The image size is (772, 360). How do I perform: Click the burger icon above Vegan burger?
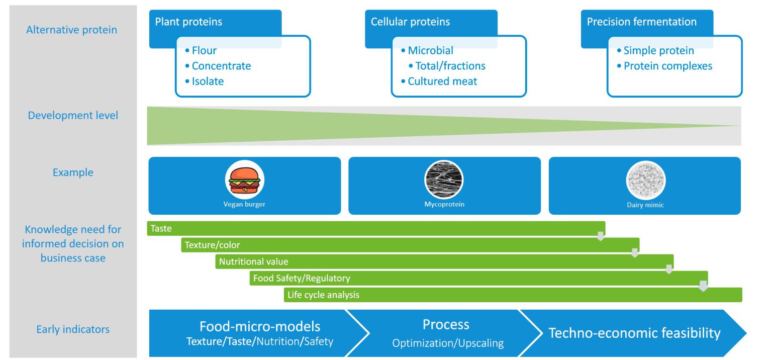tap(244, 180)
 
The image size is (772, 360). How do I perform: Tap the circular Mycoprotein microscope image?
tap(444, 180)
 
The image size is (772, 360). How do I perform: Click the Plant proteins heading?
tap(188, 22)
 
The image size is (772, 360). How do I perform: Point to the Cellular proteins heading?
tap(410, 22)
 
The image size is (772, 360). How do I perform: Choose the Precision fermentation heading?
tap(641, 22)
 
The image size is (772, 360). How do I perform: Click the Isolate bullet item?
tap(207, 81)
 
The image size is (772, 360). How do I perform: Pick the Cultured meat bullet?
tap(442, 81)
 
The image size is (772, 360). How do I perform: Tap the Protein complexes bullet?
tap(667, 66)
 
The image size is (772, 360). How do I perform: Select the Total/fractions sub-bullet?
tap(450, 66)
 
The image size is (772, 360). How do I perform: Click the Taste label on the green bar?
tap(161, 229)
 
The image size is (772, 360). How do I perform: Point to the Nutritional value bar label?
tap(253, 262)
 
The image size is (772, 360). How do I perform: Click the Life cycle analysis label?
tap(323, 295)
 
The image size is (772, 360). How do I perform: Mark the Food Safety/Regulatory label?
tap(301, 279)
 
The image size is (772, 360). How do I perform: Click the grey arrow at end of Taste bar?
tap(600, 236)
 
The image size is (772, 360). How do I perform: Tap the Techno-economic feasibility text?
tap(634, 333)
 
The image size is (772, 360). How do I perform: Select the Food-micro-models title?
tap(259, 326)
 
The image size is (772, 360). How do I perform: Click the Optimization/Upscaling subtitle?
tap(447, 343)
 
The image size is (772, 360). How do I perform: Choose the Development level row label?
tap(73, 116)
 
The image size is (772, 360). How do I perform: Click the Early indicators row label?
tap(73, 330)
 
